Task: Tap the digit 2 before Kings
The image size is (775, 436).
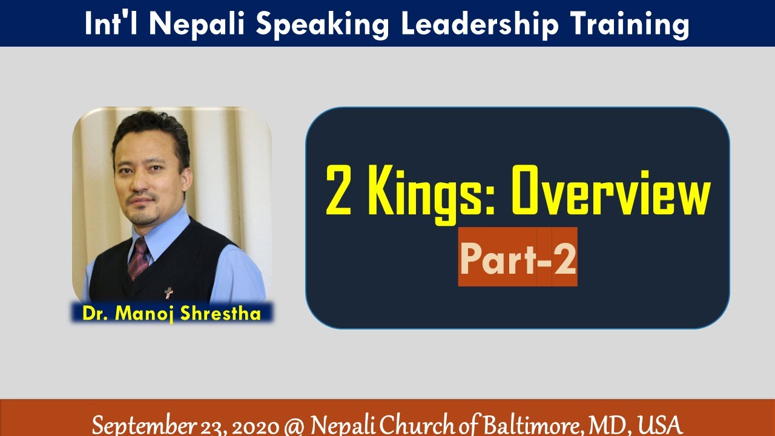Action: coord(339,191)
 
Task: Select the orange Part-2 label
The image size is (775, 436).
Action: coord(518,257)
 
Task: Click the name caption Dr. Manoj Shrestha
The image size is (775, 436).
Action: coord(172,313)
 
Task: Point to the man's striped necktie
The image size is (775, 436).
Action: coord(139,257)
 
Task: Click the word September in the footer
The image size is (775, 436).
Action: coord(138,424)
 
